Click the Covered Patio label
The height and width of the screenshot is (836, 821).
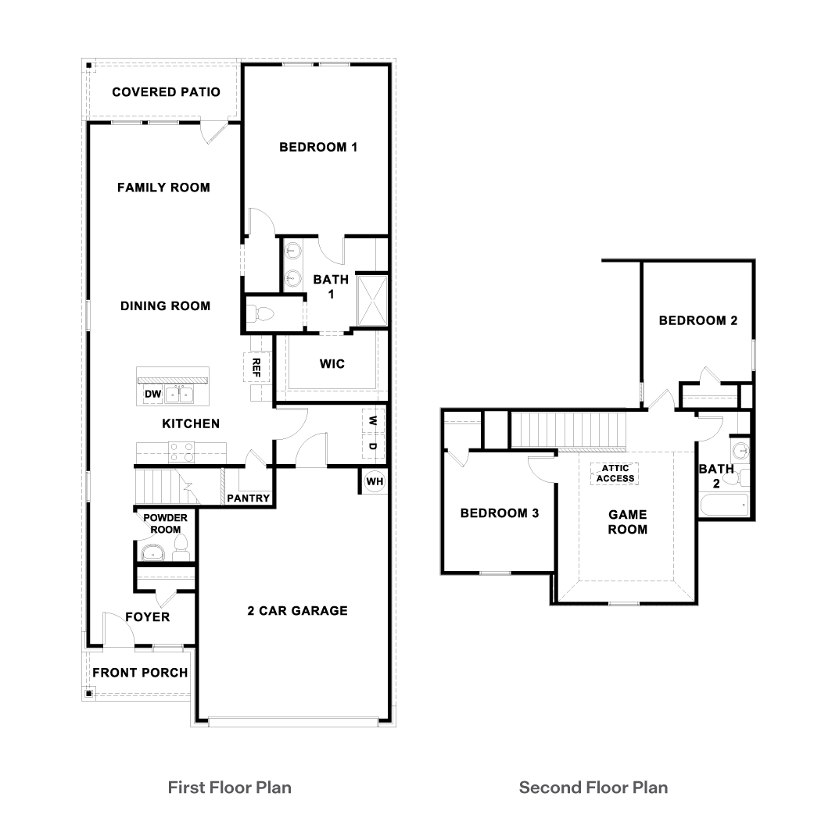(166, 92)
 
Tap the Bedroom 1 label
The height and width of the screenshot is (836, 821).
(318, 147)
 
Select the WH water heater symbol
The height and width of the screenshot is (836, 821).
(375, 481)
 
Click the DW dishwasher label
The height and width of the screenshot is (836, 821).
(152, 394)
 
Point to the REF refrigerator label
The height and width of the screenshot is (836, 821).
(256, 367)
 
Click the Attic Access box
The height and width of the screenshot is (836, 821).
(615, 473)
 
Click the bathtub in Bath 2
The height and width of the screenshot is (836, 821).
(724, 505)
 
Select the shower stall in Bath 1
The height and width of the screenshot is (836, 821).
(372, 300)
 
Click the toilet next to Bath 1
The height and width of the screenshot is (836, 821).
(260, 313)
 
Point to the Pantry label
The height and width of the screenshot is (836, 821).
(248, 498)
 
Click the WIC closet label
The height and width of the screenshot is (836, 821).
(332, 364)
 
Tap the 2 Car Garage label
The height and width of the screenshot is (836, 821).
(297, 611)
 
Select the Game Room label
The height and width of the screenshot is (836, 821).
(628, 522)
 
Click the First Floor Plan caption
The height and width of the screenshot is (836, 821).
(229, 788)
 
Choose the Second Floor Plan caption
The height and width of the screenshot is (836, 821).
(593, 788)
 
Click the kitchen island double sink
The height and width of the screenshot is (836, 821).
(179, 395)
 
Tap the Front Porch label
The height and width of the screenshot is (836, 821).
(140, 673)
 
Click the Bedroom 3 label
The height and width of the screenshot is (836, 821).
(500, 513)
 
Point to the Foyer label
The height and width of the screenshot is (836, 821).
(147, 617)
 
